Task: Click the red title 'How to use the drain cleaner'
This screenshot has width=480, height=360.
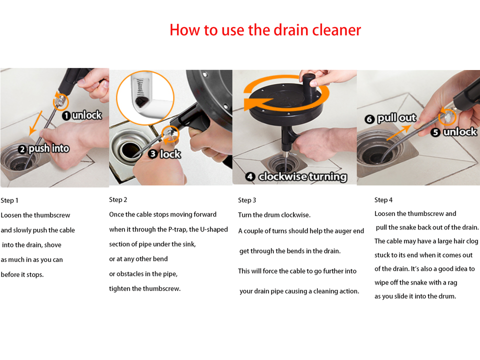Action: (x=265, y=30)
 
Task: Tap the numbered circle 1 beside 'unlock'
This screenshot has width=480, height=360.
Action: (x=66, y=115)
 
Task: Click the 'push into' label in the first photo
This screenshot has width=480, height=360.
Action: (x=49, y=148)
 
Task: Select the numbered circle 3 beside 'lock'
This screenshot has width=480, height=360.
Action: (x=153, y=153)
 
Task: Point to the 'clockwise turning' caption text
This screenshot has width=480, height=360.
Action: (x=303, y=176)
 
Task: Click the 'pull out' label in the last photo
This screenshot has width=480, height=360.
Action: (x=396, y=118)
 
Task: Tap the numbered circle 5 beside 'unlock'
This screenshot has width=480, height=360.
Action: (x=435, y=132)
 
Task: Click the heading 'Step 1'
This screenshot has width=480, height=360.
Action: (x=9, y=200)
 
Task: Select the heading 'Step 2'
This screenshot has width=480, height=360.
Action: (x=118, y=200)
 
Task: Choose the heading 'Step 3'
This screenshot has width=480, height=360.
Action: (x=247, y=200)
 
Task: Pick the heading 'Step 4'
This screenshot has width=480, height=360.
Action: (x=383, y=200)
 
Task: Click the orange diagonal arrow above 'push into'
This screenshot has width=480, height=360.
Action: (x=36, y=123)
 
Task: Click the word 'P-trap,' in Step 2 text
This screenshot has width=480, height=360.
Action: (x=178, y=229)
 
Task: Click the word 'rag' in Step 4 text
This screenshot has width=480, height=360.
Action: (x=452, y=283)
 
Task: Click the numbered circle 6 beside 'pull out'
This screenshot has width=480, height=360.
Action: (x=369, y=119)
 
